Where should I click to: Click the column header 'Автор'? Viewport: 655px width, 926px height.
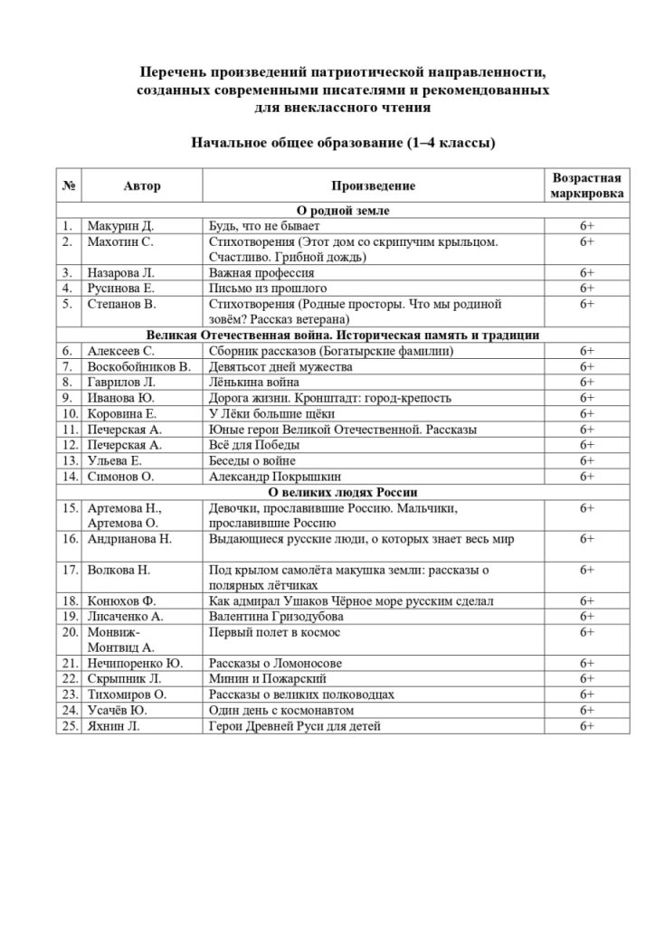pyautogui.click(x=142, y=186)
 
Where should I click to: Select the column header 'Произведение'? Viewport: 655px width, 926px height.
pyautogui.click(x=373, y=186)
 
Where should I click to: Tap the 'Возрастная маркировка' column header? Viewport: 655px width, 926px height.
pyautogui.click(x=586, y=185)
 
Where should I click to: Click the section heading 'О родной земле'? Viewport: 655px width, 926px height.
pyautogui.click(x=342, y=211)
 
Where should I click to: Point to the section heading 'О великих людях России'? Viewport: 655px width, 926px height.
pyautogui.click(x=342, y=492)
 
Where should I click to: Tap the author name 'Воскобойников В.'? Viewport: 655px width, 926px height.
pyautogui.click(x=139, y=366)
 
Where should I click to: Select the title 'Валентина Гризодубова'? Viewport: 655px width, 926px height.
pyautogui.click(x=276, y=616)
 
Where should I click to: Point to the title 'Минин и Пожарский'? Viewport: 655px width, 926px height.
pyautogui.click(x=268, y=678)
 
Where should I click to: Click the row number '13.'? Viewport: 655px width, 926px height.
pyautogui.click(x=69, y=460)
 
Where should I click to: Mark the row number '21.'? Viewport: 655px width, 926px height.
pyautogui.click(x=69, y=663)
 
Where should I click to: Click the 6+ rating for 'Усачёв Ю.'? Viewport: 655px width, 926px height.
pyautogui.click(x=586, y=710)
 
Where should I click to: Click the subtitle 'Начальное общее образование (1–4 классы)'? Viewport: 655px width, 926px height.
pyautogui.click(x=342, y=143)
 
